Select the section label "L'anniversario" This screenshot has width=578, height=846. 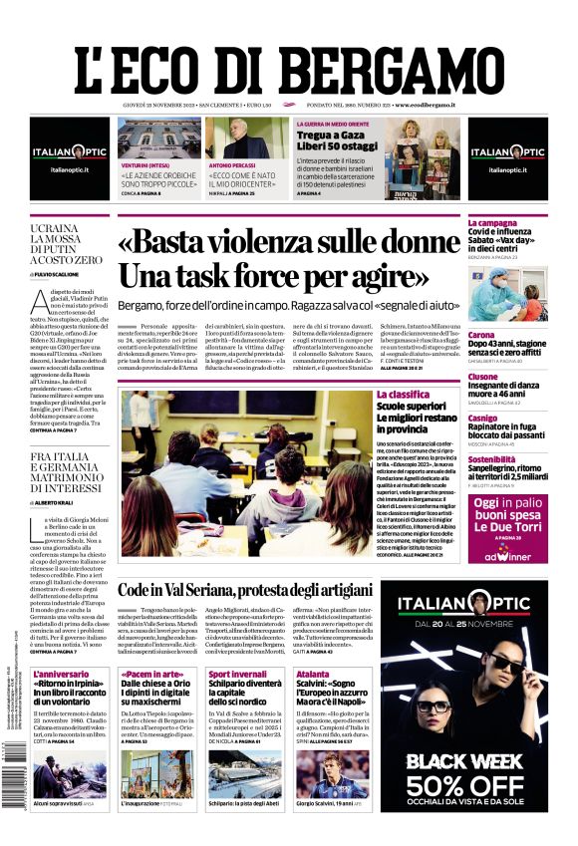pyautogui.click(x=59, y=675)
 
